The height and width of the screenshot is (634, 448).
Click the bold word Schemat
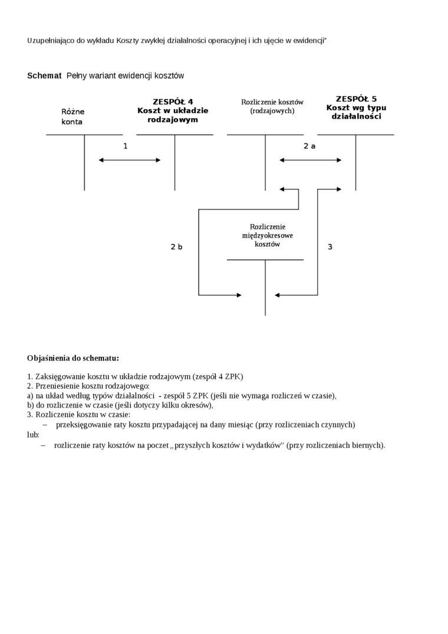(44, 75)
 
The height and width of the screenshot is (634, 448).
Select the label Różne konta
(73, 117)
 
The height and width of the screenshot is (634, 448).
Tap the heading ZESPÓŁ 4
(173, 101)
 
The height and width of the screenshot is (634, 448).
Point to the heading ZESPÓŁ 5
(356, 99)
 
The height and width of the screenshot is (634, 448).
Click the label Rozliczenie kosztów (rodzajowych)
(272, 106)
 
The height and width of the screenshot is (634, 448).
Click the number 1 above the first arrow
(125, 146)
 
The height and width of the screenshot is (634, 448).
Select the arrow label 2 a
(309, 146)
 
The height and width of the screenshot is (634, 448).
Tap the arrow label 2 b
(176, 247)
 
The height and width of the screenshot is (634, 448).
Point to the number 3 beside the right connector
(330, 247)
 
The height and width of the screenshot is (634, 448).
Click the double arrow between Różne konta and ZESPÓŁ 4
(130, 160)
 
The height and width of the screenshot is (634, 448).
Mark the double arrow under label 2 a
(311, 160)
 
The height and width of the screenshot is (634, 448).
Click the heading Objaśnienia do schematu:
(73, 358)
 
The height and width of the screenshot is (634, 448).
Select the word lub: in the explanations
(33, 435)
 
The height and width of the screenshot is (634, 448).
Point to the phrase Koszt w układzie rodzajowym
(173, 115)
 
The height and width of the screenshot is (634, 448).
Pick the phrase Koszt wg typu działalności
(356, 112)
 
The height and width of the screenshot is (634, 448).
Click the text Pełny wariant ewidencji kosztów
(125, 75)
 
